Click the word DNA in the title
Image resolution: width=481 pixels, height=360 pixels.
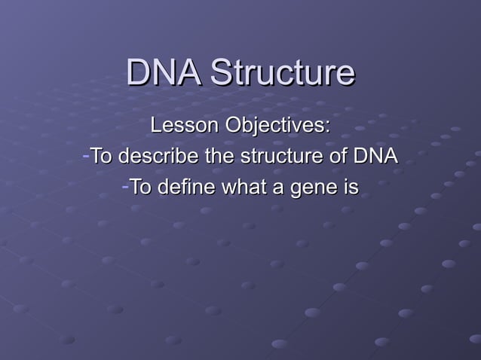(x=164, y=73)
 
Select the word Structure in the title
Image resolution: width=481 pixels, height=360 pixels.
(x=282, y=73)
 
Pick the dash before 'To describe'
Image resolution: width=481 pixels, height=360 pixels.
(x=85, y=157)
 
